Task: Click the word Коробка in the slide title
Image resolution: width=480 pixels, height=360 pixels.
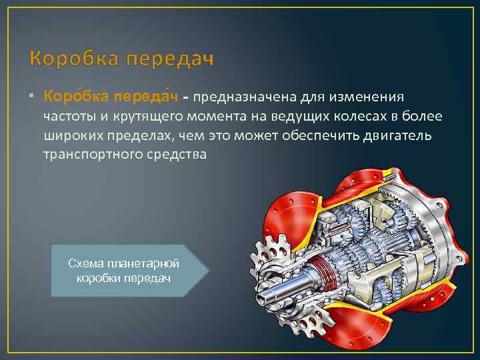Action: tap(73, 60)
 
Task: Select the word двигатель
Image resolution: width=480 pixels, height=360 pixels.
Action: tap(400, 136)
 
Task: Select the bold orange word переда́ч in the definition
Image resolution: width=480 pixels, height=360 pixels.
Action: tap(151, 98)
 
